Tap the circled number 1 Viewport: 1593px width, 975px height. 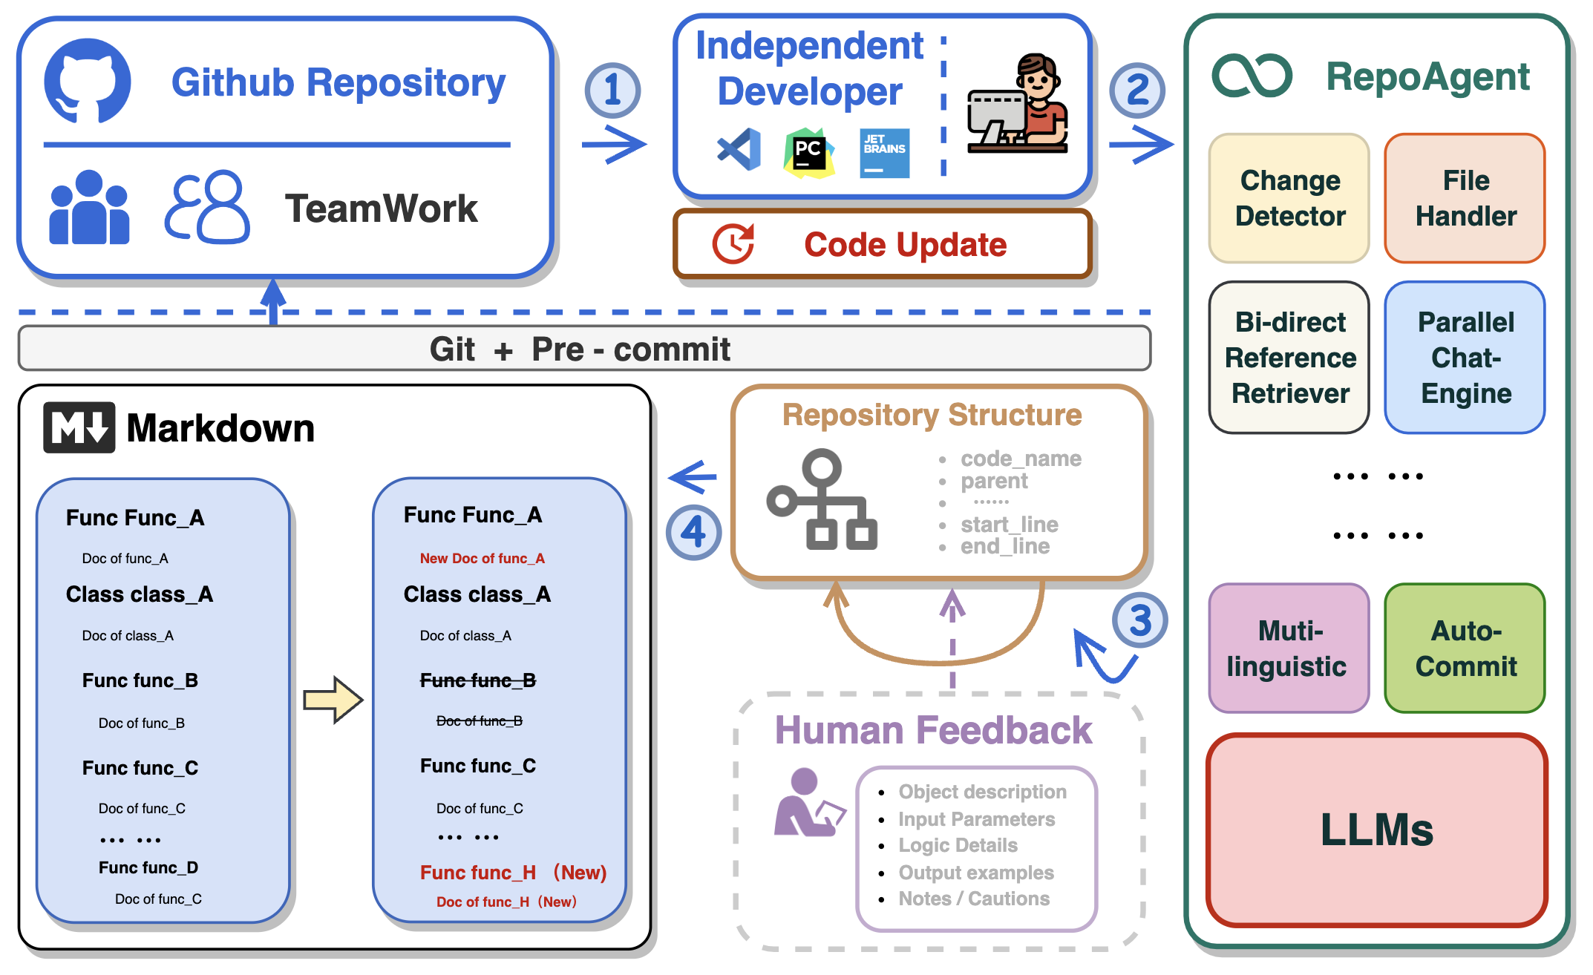click(612, 91)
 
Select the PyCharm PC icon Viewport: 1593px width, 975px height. click(808, 153)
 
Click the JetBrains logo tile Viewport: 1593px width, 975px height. click(884, 153)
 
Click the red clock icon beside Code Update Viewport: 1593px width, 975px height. click(733, 244)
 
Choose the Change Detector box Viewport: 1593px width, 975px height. click(1289, 198)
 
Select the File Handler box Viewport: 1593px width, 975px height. click(1465, 198)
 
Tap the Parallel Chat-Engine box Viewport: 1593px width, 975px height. click(1465, 358)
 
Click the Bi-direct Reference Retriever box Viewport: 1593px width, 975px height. click(1289, 358)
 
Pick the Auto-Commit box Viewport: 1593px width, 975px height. click(1465, 649)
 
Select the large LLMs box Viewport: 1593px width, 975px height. click(1377, 830)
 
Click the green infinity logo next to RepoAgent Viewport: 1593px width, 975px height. click(1252, 76)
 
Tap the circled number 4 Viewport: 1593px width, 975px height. click(693, 532)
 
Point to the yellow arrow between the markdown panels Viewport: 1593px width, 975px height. click(333, 699)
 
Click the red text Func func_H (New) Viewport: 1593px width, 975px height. click(513, 873)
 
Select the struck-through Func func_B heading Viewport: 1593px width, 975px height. click(478, 680)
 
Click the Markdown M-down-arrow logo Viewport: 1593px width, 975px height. click(79, 427)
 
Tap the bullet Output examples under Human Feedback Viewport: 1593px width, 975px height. click(975, 873)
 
